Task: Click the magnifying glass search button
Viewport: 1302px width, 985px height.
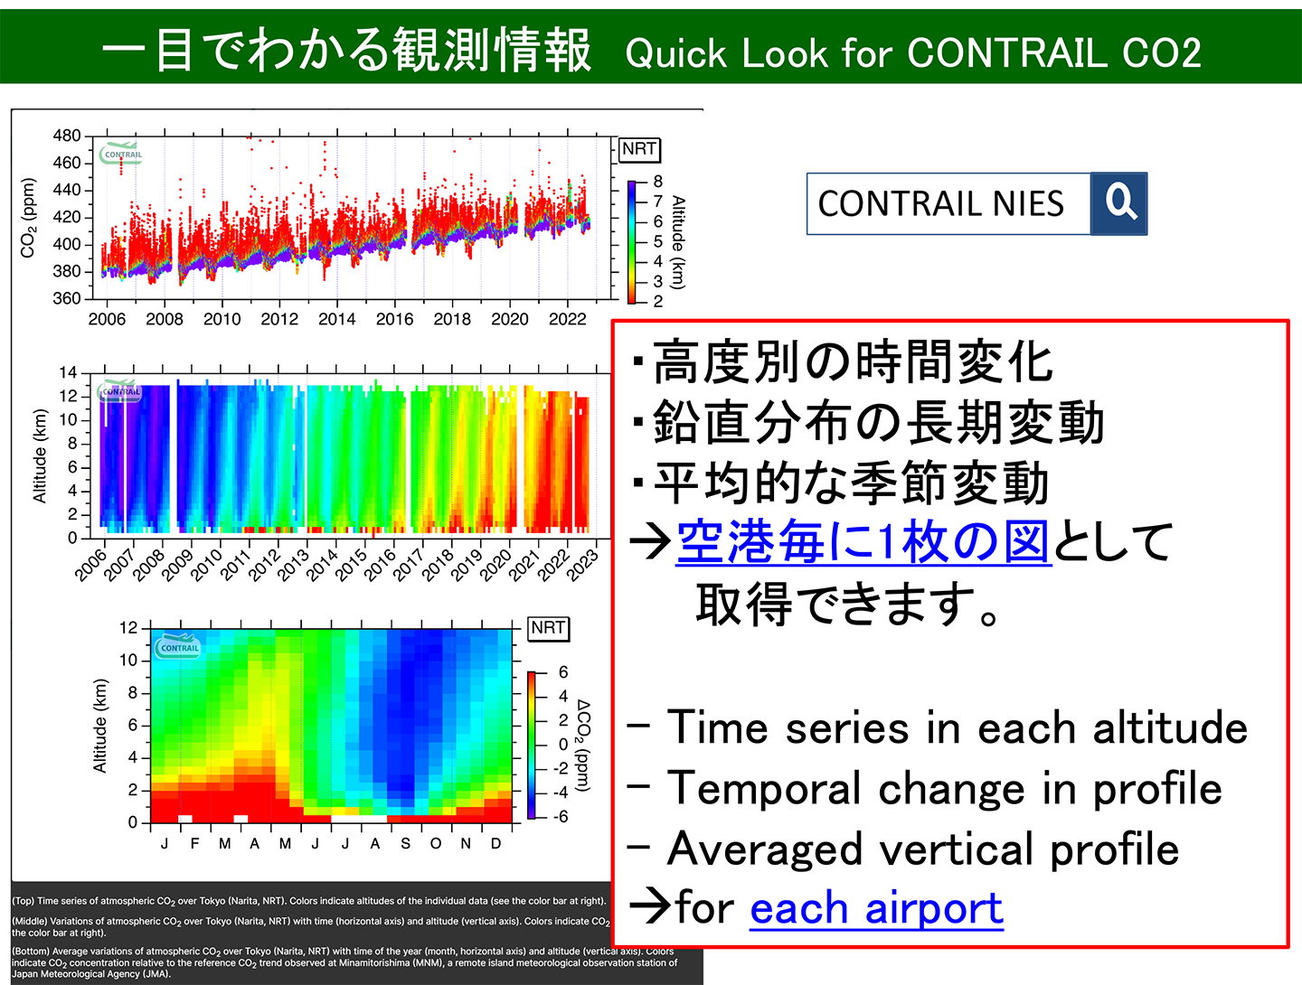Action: pyautogui.click(x=1119, y=203)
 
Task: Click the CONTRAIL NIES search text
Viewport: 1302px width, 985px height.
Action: pyautogui.click(x=940, y=204)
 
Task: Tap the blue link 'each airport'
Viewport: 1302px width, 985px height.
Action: pyautogui.click(x=876, y=908)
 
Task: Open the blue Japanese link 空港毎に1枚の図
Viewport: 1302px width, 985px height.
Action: pyautogui.click(x=863, y=542)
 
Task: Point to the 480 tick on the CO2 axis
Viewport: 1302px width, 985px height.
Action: pyautogui.click(x=67, y=136)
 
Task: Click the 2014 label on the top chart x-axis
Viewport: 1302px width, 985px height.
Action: pyautogui.click(x=336, y=319)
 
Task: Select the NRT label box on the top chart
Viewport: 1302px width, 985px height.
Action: pyautogui.click(x=639, y=149)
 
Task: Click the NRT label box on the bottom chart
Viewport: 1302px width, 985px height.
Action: pyautogui.click(x=548, y=628)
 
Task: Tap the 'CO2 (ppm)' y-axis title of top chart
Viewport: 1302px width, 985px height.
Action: pyautogui.click(x=28, y=218)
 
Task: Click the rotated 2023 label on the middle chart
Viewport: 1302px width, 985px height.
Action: pyautogui.click(x=583, y=560)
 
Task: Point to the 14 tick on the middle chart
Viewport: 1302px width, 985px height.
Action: pyautogui.click(x=68, y=373)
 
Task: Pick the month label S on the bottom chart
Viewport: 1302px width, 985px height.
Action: pyautogui.click(x=405, y=844)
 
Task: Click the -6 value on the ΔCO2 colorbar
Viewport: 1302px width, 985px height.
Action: pyautogui.click(x=561, y=817)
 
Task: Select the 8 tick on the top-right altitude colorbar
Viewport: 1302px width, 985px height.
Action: pyautogui.click(x=657, y=182)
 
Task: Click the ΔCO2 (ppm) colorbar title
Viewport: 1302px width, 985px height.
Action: pyautogui.click(x=583, y=746)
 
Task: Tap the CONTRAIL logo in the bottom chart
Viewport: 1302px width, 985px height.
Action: pyautogui.click(x=178, y=647)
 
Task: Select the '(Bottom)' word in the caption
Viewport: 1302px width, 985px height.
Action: pyautogui.click(x=31, y=952)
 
